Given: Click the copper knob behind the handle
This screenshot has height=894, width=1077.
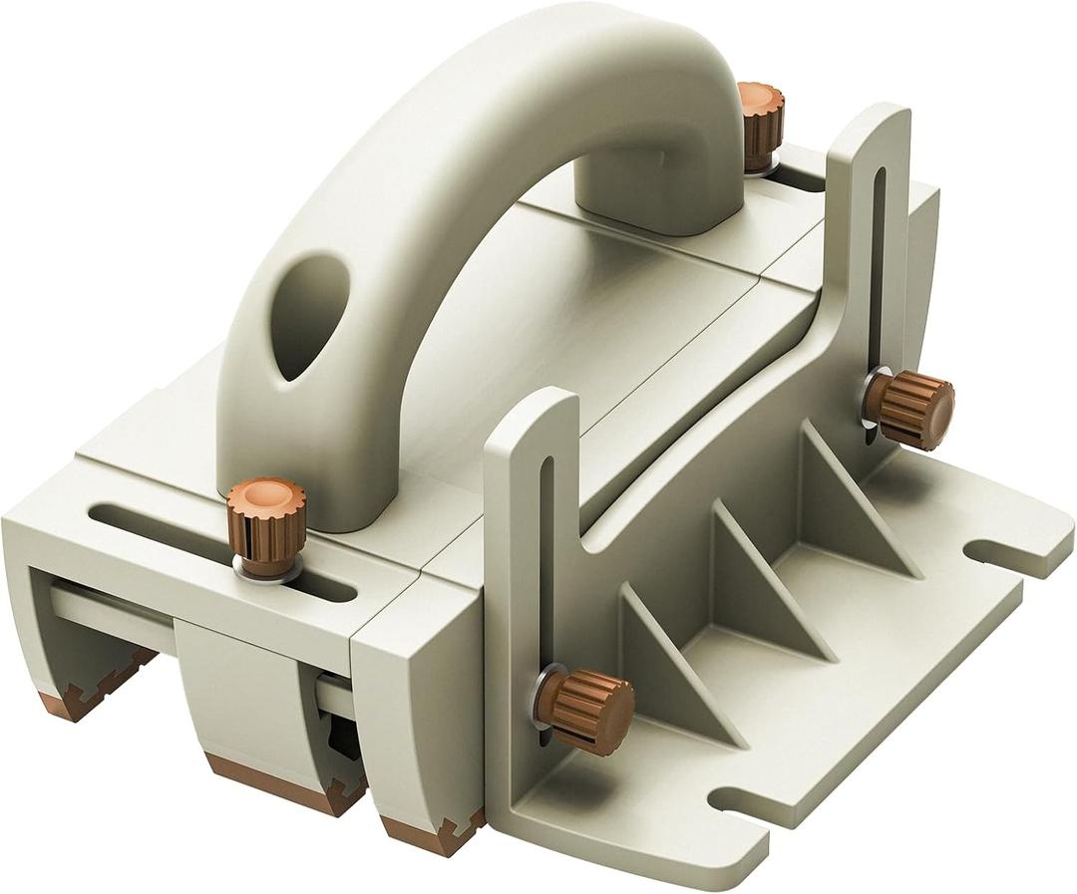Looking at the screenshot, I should click(761, 124).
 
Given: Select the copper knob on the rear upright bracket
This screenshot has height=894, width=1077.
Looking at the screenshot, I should click(909, 408).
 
